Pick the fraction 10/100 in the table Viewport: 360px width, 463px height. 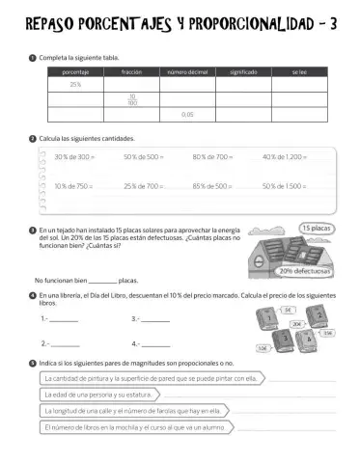[x=131, y=98]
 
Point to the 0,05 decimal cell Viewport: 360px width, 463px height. [x=187, y=114]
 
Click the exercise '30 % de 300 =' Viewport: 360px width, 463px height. [x=75, y=156]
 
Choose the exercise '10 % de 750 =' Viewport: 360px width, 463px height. [x=74, y=184]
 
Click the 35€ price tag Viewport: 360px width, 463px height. [x=327, y=333]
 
